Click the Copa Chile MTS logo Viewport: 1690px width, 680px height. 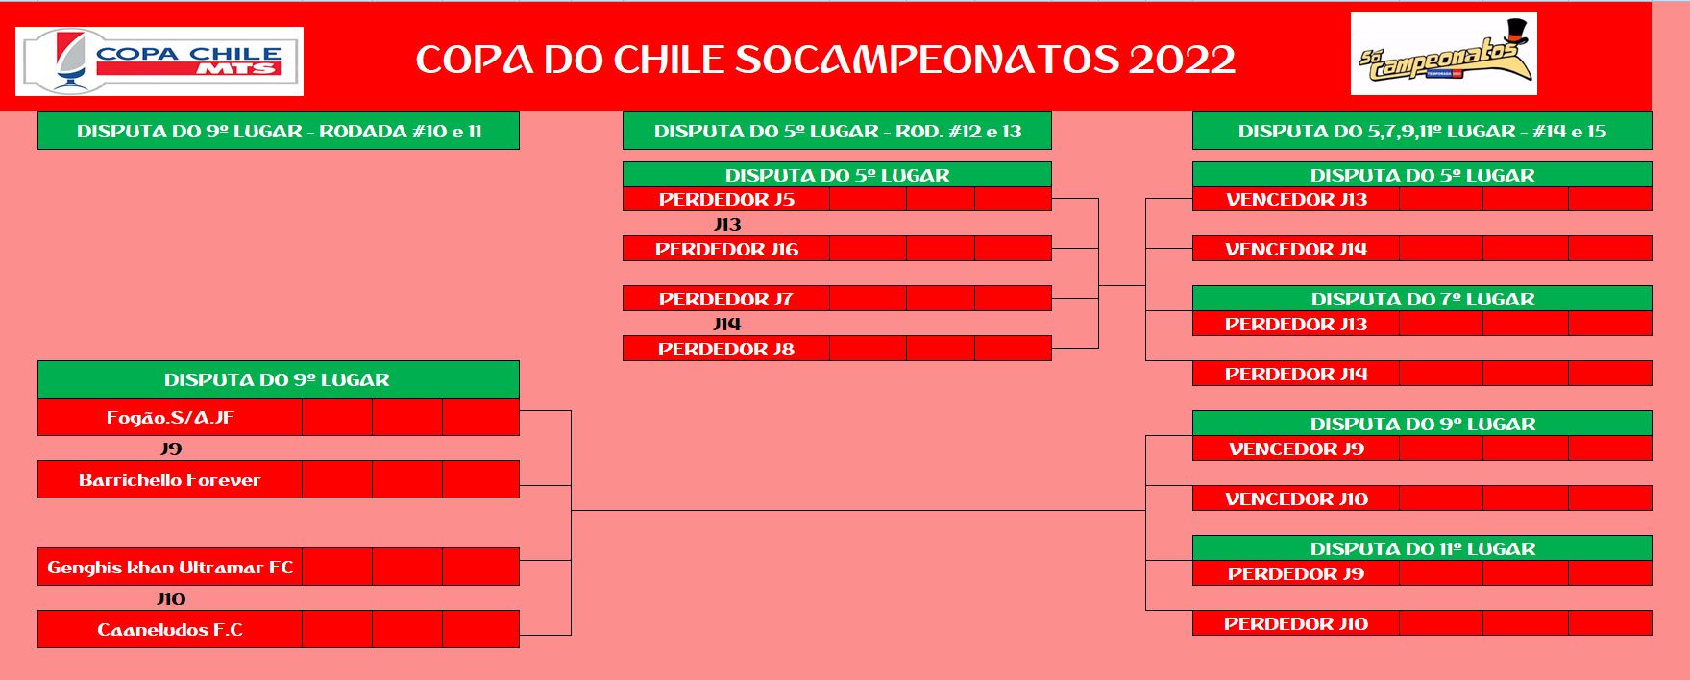159,61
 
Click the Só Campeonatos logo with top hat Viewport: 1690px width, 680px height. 1443,55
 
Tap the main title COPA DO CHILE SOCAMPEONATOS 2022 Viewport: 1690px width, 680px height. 825,60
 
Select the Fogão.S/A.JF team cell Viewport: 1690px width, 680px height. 170,418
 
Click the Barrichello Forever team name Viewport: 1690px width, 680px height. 170,480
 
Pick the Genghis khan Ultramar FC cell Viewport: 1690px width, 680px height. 170,567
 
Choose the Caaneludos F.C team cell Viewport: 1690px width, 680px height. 170,629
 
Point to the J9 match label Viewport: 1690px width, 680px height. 171,449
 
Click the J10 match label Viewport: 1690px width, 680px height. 171,598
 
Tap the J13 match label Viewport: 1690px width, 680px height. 727,225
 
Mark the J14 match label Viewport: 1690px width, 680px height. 727,325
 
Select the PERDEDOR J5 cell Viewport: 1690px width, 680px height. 726,199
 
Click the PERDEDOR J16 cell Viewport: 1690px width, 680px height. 726,249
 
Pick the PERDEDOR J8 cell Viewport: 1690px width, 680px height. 726,349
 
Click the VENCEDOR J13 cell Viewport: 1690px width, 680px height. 1296,199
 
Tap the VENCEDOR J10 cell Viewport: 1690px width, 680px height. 1296,498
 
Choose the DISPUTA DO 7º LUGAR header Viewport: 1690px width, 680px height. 1422,299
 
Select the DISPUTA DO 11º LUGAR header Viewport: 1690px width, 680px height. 1422,548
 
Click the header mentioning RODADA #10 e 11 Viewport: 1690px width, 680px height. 279,131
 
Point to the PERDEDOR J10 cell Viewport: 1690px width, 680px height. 1296,623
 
